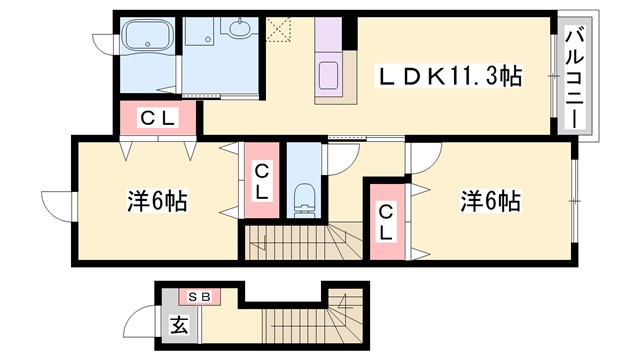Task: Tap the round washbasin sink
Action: [x=241, y=28]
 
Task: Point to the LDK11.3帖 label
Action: [x=448, y=76]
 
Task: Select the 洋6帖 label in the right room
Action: [x=489, y=201]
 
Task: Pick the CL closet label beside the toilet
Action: [x=261, y=181]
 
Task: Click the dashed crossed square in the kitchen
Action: [x=278, y=28]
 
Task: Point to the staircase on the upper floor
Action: [x=300, y=240]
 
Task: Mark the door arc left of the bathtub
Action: [x=105, y=41]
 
